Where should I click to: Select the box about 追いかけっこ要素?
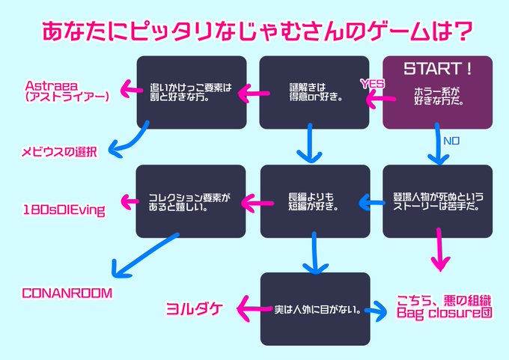coord(192,91)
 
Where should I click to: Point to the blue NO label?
coord(451,140)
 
